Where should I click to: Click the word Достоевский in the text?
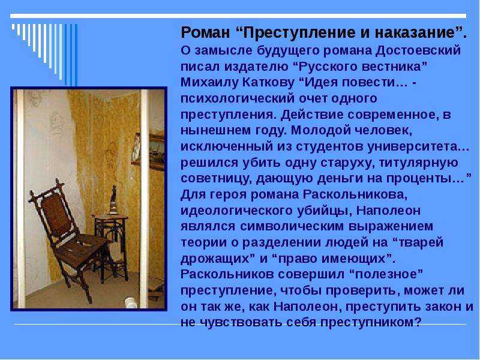418,50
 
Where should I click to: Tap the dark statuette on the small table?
113,200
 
